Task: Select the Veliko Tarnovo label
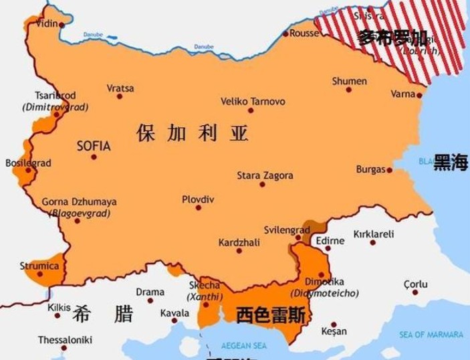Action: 253,102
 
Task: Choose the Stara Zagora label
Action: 265,176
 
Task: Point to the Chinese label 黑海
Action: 451,165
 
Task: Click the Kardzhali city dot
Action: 239,252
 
